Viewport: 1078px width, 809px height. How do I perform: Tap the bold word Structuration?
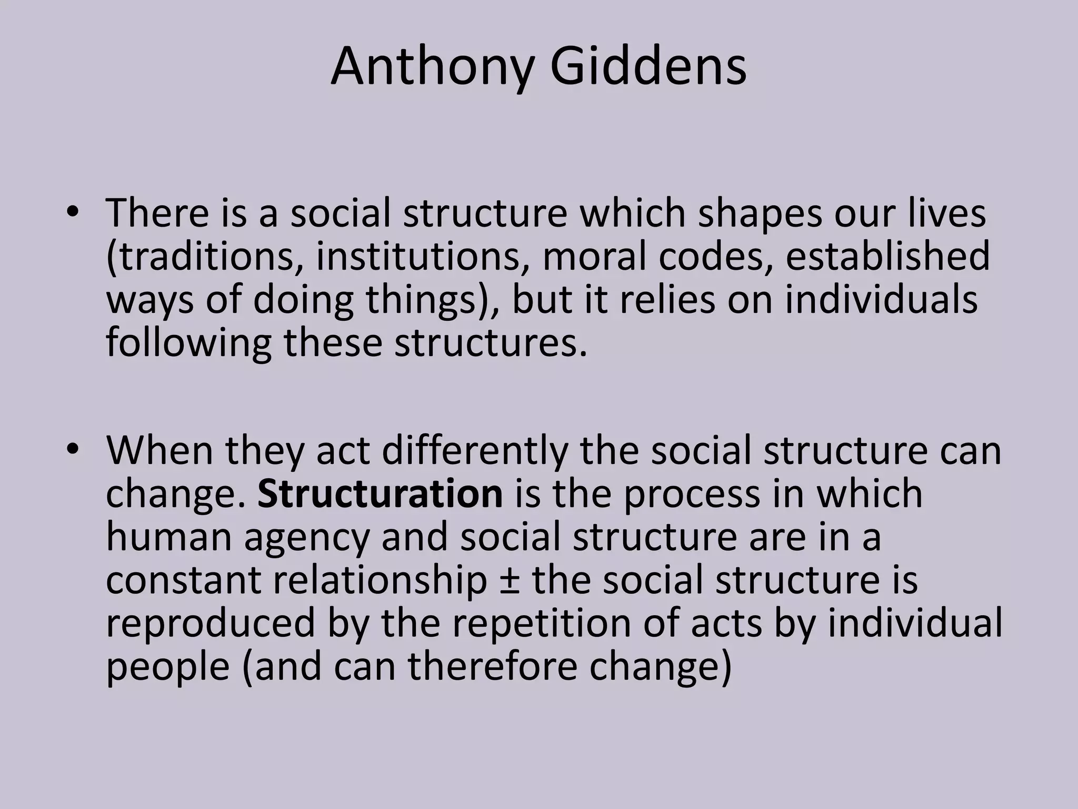point(380,494)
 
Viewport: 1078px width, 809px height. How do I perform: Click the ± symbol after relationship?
point(509,580)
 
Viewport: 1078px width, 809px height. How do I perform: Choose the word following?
point(188,343)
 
